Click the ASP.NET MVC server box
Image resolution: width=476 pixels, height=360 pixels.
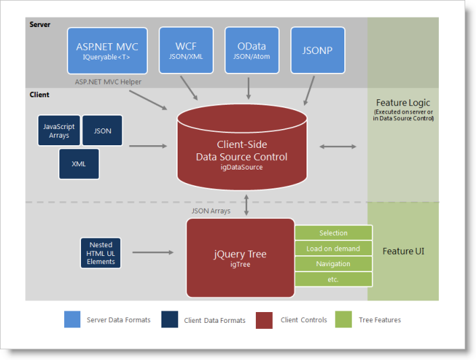pyautogui.click(x=107, y=50)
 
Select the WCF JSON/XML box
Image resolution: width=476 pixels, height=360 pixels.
pyautogui.click(x=186, y=50)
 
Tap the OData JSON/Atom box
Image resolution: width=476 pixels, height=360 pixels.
pyautogui.click(x=251, y=50)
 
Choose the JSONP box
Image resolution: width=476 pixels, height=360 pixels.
pyautogui.click(x=317, y=50)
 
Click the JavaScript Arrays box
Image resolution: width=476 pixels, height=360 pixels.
pyautogui.click(x=59, y=130)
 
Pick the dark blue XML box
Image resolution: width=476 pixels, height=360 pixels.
pyautogui.click(x=79, y=163)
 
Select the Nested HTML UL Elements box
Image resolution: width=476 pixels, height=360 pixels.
pyautogui.click(x=101, y=253)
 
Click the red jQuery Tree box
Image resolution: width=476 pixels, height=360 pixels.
pyautogui.click(x=240, y=257)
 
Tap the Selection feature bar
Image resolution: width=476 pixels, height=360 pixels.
pyautogui.click(x=334, y=233)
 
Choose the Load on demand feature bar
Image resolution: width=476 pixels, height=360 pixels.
pyautogui.click(x=334, y=249)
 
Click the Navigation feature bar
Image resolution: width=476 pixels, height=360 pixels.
pyautogui.click(x=334, y=263)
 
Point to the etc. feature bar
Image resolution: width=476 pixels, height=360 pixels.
pyautogui.click(x=334, y=279)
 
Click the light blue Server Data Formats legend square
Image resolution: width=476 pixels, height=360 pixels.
pyautogui.click(x=72, y=319)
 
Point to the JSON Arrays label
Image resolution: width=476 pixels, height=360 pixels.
pyautogui.click(x=211, y=211)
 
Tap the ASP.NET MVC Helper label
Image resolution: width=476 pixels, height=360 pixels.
pyautogui.click(x=109, y=82)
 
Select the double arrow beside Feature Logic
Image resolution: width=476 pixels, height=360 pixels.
pyautogui.click(x=339, y=146)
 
